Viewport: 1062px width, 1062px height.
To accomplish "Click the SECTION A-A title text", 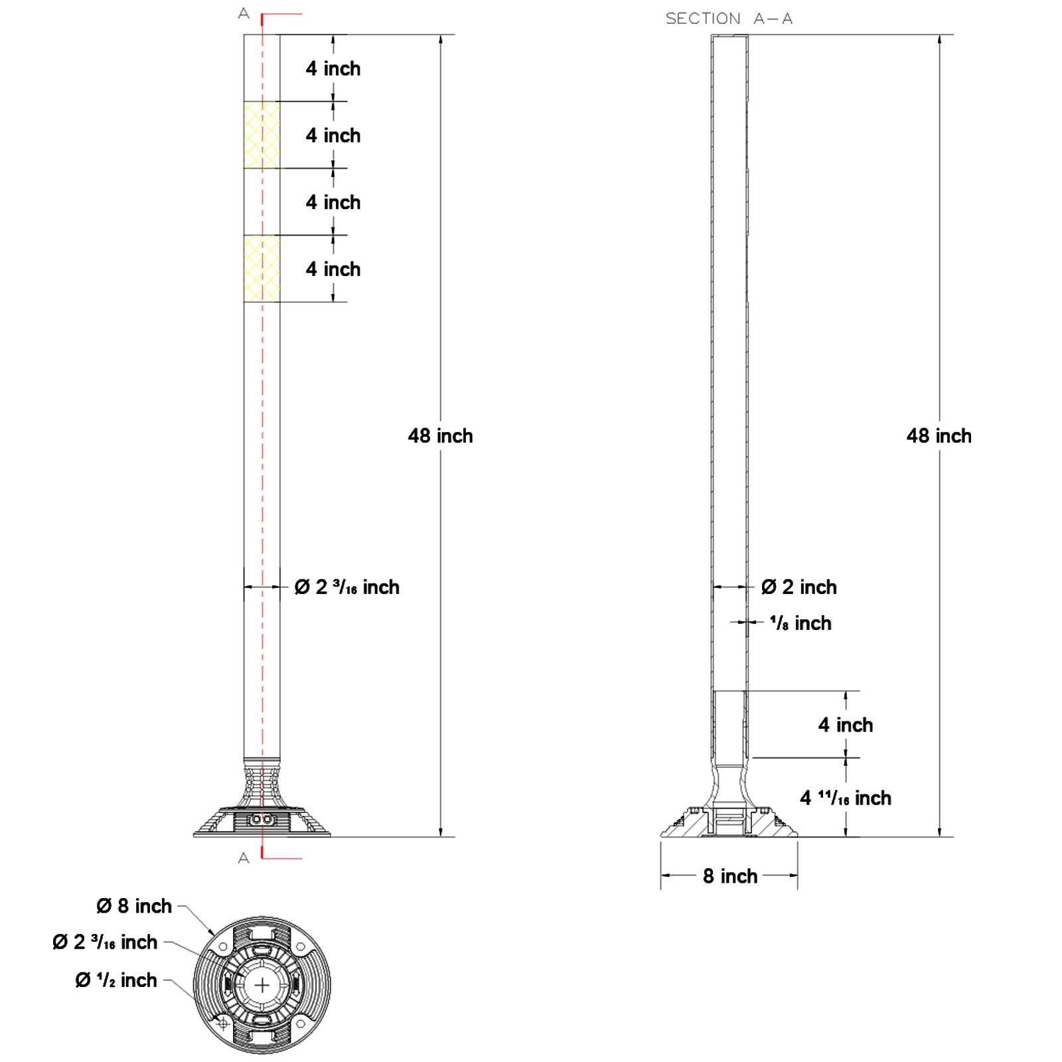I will click(729, 19).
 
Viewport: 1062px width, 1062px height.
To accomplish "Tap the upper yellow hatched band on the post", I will click(262, 135).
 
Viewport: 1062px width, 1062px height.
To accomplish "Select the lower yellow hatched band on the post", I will click(262, 268).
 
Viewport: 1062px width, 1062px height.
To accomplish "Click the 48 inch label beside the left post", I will click(440, 436).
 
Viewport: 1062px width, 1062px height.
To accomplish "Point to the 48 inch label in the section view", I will click(939, 436).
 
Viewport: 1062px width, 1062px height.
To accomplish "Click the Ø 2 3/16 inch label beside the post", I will click(347, 587).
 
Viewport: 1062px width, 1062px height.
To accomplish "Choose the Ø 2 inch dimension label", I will click(799, 587).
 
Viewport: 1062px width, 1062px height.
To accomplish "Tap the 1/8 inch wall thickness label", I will click(800, 623).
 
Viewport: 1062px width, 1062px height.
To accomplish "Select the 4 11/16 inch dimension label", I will click(846, 798).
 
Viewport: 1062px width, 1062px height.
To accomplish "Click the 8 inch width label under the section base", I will click(730, 876).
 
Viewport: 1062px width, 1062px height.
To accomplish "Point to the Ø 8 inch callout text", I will click(134, 906).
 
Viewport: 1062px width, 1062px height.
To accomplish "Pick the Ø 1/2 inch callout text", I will click(116, 980).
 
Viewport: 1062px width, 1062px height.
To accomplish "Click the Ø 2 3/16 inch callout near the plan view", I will click(105, 943).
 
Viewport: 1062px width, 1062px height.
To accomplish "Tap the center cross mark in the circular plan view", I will click(262, 985).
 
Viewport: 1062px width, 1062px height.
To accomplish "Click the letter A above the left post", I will click(244, 14).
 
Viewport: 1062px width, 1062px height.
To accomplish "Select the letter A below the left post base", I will click(244, 858).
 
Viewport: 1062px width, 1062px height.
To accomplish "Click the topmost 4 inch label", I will click(333, 68).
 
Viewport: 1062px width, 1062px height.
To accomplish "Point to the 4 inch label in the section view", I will click(846, 725).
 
